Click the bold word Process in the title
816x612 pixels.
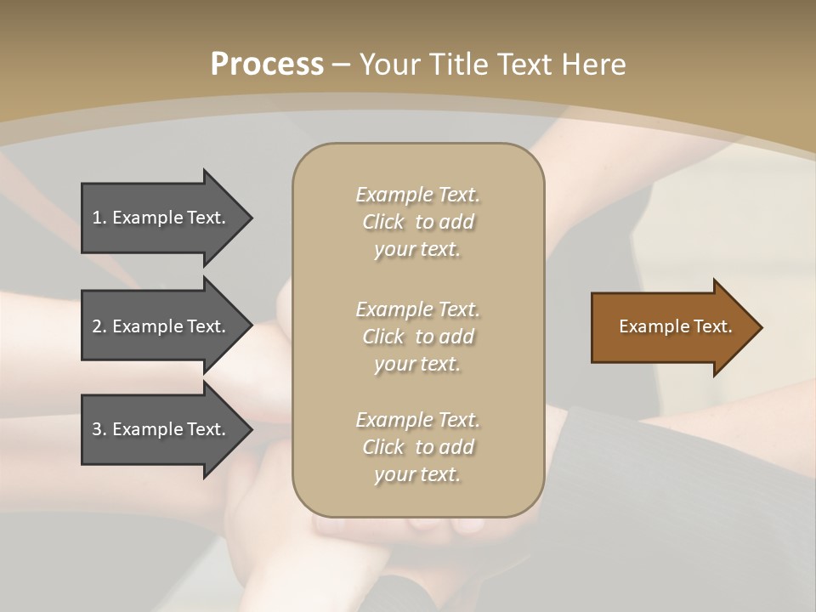tap(267, 65)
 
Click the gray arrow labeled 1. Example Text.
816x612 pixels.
tap(161, 218)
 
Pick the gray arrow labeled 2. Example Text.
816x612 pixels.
tap(161, 326)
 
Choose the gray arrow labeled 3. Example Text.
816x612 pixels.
tap(161, 429)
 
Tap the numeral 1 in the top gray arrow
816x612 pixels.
tap(97, 218)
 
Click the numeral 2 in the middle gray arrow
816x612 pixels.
tap(97, 326)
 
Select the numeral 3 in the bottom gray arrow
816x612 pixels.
tap(97, 429)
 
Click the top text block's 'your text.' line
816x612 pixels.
tap(417, 250)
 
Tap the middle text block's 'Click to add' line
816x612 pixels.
tap(417, 337)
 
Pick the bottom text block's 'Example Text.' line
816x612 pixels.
tap(417, 420)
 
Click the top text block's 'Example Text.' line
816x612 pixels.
tap(417, 195)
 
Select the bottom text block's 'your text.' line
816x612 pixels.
tap(417, 475)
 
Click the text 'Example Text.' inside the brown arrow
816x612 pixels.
tap(675, 326)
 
